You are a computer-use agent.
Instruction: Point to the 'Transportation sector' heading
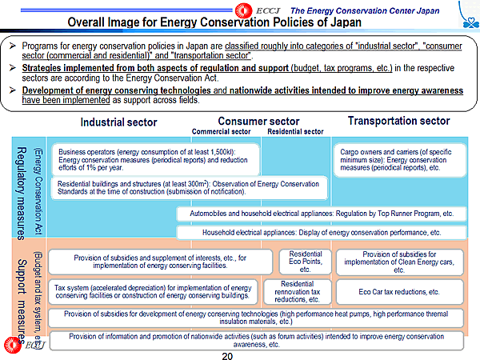pyautogui.click(x=398, y=121)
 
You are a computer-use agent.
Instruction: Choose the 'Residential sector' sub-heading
pyautogui.click(x=295, y=132)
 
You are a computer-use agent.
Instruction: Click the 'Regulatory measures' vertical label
pyautogui.click(x=23, y=192)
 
